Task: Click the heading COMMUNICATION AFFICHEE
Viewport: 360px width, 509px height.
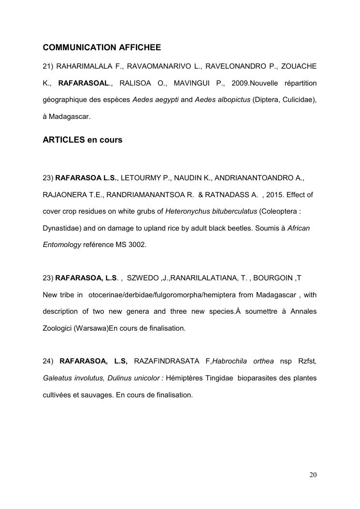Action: pyautogui.click(x=101, y=47)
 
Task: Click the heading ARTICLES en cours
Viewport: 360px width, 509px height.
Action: pyautogui.click(x=83, y=140)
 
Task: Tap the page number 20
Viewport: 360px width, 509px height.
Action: pyautogui.click(x=313, y=475)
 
